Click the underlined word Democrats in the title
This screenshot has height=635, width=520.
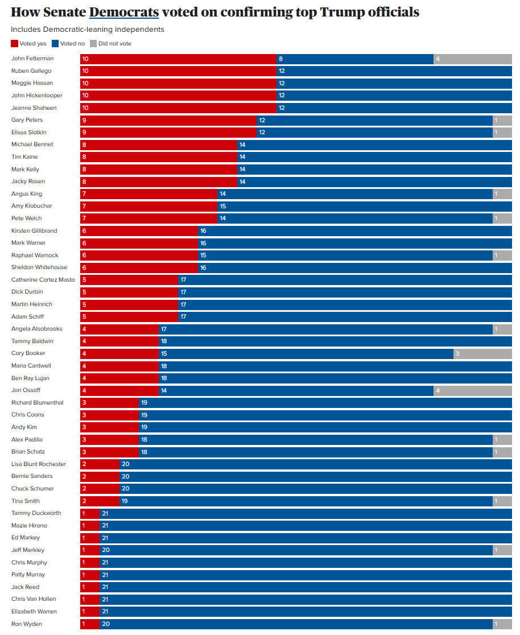pos(123,12)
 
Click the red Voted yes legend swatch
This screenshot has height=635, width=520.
pos(14,43)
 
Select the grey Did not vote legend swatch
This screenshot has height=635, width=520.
pos(93,43)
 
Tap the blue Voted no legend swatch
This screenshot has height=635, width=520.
pos(55,43)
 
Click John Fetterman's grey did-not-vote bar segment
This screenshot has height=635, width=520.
pos(473,59)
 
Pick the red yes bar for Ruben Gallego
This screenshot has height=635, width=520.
pos(178,71)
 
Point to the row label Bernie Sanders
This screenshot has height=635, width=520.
pos(32,476)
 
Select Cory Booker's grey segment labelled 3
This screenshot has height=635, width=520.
pos(482,353)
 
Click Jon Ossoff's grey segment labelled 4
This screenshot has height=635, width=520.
pos(473,390)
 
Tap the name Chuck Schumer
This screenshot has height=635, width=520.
pos(32,488)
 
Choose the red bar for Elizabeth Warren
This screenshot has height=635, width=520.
pos(90,612)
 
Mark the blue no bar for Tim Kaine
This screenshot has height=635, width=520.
pos(374,157)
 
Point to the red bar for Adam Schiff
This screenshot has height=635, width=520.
pos(129,316)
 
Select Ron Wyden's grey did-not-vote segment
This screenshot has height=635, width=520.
pos(502,624)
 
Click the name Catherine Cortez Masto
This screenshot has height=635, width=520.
pos(43,279)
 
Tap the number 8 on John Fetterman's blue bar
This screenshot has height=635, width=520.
pos(280,59)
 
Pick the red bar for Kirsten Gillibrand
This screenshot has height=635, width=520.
pos(139,231)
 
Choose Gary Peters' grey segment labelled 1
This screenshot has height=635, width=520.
pos(502,120)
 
